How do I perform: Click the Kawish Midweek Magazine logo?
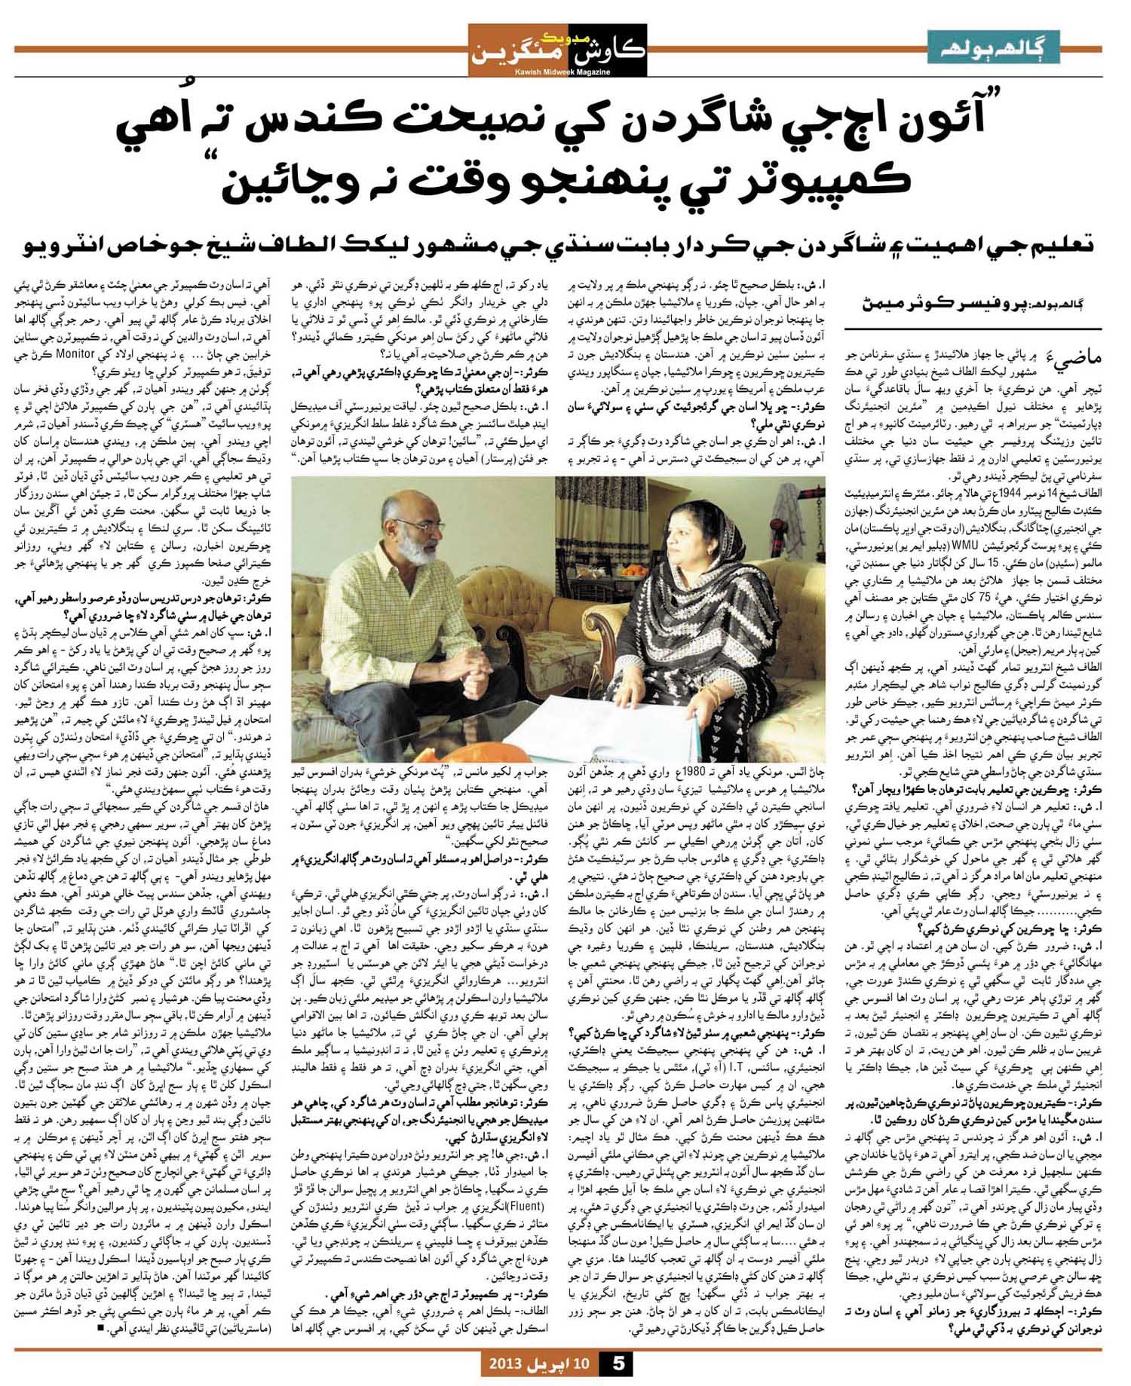coord(557,50)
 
